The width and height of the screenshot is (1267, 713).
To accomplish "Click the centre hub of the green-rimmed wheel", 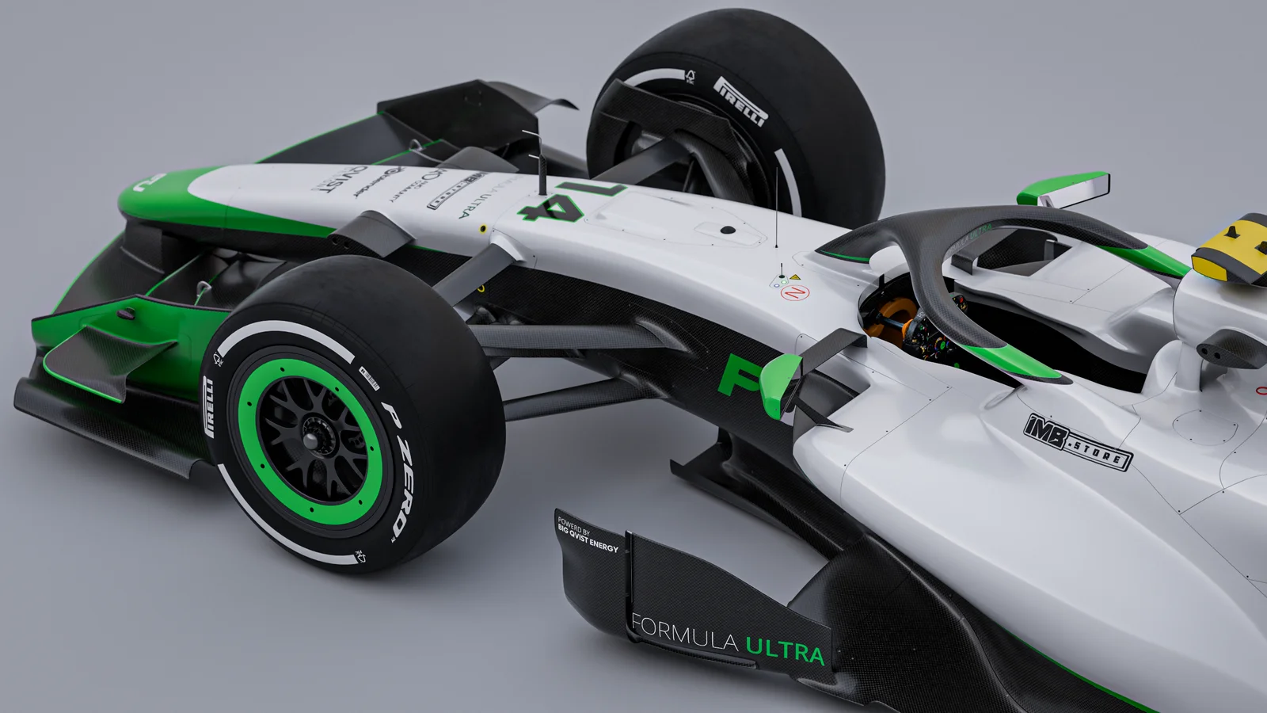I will tap(310, 437).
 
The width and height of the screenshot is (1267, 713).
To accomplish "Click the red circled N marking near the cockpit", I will tap(795, 292).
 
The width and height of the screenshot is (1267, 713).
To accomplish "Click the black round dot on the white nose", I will tap(728, 231).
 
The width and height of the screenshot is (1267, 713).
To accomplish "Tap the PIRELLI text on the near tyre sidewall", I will tap(210, 406).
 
